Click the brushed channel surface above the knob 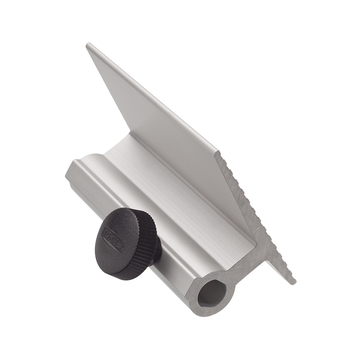(148, 189)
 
